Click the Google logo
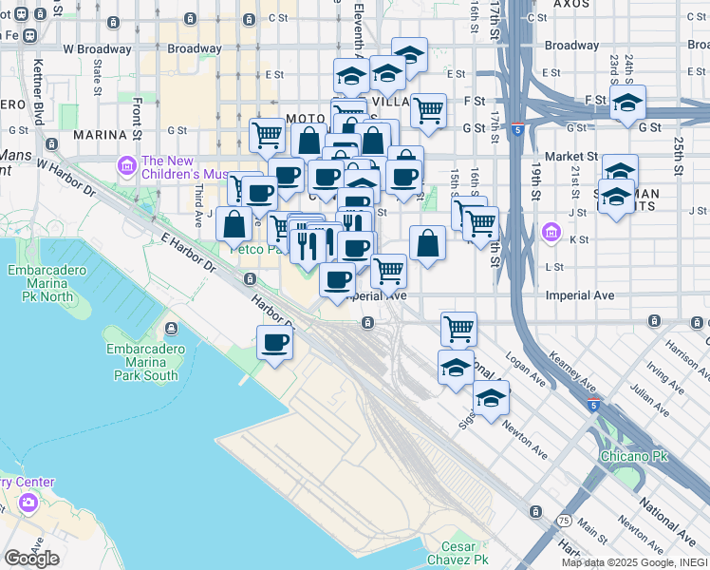32,559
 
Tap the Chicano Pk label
634,457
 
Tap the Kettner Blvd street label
39,101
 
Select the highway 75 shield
564,522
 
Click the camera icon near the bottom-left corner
28,501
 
